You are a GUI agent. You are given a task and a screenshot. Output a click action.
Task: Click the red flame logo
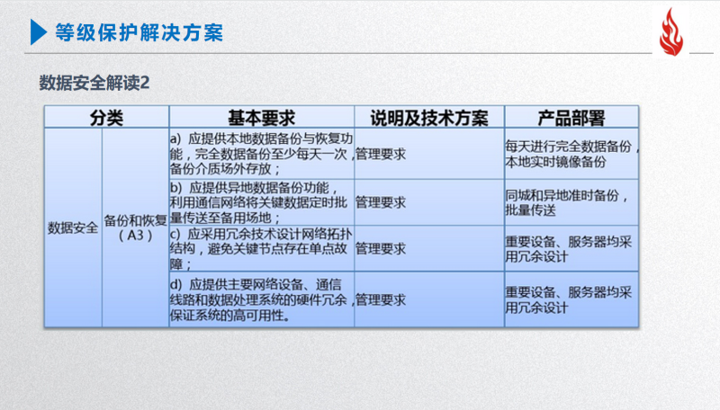point(670,32)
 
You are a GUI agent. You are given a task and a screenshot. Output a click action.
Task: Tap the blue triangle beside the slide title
point(39,32)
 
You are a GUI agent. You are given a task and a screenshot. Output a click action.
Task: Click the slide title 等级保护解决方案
point(139,32)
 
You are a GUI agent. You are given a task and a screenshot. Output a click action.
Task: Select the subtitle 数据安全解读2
point(94,83)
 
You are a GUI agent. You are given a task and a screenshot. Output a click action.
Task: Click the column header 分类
point(106,118)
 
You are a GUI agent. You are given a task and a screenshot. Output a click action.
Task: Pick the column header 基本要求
point(261,118)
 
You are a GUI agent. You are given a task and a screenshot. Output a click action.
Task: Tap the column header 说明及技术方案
point(429,118)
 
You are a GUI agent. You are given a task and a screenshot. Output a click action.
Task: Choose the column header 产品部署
point(571,118)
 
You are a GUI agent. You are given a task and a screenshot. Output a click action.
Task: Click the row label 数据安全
point(73,227)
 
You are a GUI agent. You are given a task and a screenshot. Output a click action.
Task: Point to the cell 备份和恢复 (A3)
point(136,228)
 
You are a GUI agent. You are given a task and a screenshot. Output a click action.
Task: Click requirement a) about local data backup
point(262,154)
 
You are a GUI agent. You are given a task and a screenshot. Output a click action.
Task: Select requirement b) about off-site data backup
point(258,202)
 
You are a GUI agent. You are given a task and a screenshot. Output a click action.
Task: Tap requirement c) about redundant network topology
point(261,248)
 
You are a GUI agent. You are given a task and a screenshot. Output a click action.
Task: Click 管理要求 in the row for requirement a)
point(381,154)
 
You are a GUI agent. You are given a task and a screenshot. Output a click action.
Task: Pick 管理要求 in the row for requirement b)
point(381,202)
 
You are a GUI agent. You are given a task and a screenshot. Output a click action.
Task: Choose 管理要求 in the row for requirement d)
point(381,300)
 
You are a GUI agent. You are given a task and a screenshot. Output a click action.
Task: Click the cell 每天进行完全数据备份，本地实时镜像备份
point(572,154)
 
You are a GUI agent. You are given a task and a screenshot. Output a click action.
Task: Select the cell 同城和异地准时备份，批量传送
point(567,202)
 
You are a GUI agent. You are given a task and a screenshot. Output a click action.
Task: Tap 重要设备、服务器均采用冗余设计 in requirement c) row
point(569,249)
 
